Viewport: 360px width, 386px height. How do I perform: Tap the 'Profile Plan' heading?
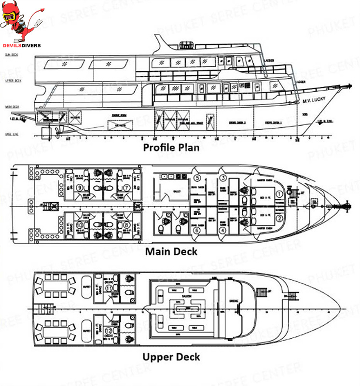[171, 147]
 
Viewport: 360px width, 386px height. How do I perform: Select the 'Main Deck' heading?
[171, 251]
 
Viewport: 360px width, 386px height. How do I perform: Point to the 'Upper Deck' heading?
[171, 357]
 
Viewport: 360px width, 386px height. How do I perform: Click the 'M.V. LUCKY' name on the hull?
[314, 100]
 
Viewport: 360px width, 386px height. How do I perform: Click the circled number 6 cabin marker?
[197, 231]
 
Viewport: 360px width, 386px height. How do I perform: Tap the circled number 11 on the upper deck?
[109, 288]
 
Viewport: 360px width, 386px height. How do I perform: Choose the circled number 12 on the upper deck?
[109, 330]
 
